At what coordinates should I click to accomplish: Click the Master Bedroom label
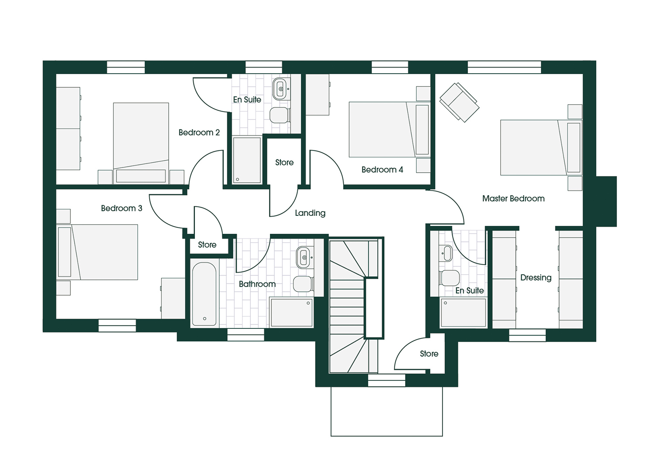pyautogui.click(x=513, y=198)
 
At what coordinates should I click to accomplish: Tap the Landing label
pyautogui.click(x=310, y=213)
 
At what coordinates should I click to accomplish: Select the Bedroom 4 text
pyautogui.click(x=382, y=170)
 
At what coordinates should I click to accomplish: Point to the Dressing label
pyautogui.click(x=536, y=277)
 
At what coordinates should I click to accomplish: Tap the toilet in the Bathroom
pyautogui.click(x=303, y=284)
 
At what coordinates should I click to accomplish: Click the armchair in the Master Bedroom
pyautogui.click(x=459, y=102)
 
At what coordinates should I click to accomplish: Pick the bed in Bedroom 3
pyautogui.click(x=98, y=252)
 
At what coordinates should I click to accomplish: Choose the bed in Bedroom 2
pyautogui.click(x=141, y=143)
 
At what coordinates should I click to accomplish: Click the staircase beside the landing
pyautogui.click(x=356, y=305)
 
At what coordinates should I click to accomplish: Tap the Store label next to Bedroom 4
pyautogui.click(x=284, y=163)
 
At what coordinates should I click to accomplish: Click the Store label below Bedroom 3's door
pyautogui.click(x=207, y=245)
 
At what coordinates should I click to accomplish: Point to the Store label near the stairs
pyautogui.click(x=429, y=354)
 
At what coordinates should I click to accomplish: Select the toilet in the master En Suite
pyautogui.click(x=450, y=278)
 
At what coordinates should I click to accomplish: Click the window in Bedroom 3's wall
pyautogui.click(x=117, y=325)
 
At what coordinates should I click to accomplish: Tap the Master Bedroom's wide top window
pyautogui.click(x=505, y=67)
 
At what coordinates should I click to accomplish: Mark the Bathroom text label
pyautogui.click(x=257, y=284)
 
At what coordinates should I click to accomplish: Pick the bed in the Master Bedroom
pyautogui.click(x=541, y=148)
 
